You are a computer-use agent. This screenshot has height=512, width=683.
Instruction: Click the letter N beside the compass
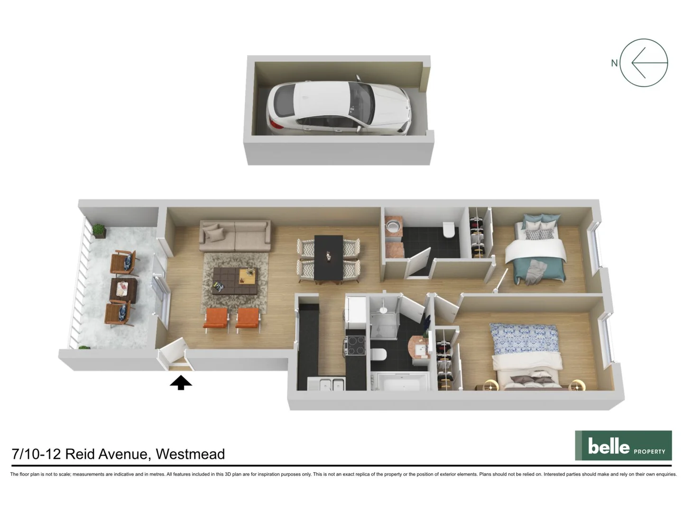(x=614, y=63)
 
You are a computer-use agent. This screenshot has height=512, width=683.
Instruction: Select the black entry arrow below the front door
(x=181, y=383)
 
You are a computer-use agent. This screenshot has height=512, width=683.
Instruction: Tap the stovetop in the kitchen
(x=355, y=345)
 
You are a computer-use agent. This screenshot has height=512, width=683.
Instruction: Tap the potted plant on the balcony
(x=99, y=231)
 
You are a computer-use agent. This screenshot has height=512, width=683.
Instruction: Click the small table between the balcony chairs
(x=123, y=290)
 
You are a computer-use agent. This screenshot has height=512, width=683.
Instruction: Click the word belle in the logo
(x=609, y=447)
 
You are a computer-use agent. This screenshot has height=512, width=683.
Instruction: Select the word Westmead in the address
(x=190, y=454)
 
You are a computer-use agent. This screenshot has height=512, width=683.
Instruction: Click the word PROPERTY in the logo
(x=649, y=451)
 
